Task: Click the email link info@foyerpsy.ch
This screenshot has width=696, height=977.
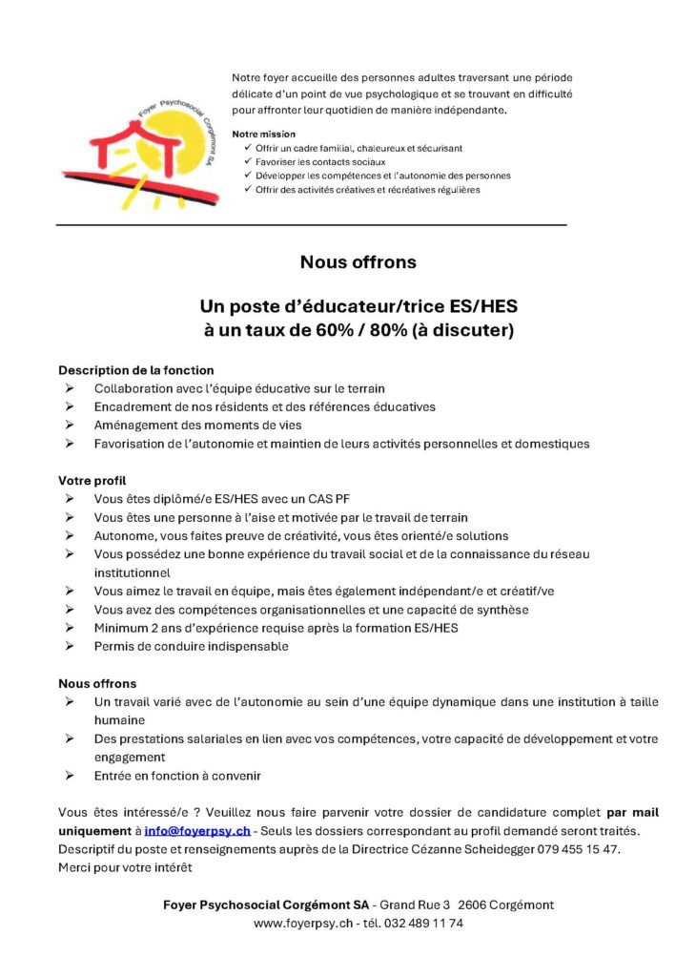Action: pos(197,831)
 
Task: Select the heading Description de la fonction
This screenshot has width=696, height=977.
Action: pos(136,370)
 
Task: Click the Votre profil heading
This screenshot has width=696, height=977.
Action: pos(92,481)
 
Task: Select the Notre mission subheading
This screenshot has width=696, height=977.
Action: pos(263,134)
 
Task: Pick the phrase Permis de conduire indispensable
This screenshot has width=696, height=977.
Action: pos(191,646)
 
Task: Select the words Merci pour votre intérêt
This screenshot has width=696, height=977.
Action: pos(125,867)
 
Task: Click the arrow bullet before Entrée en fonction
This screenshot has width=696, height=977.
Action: pos(70,776)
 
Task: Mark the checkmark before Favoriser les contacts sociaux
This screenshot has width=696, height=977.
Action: pos(248,161)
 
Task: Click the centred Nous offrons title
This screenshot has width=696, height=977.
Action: pos(358,261)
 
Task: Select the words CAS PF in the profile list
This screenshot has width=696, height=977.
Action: pos(329,499)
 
